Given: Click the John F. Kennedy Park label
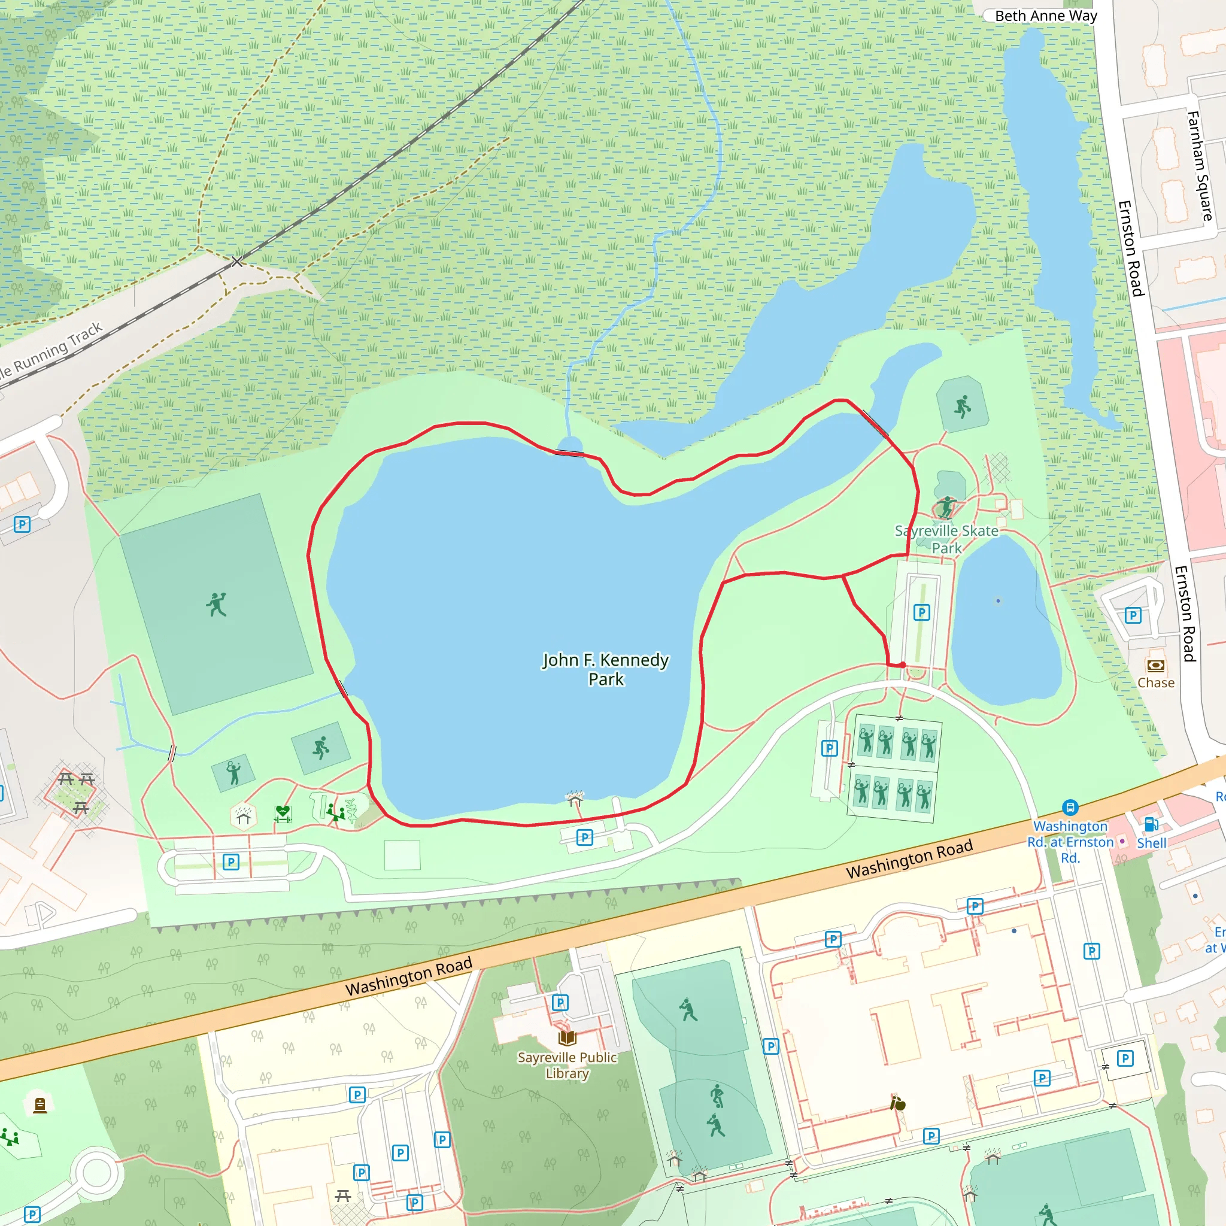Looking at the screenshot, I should pos(605,669).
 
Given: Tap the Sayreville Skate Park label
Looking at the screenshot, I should pos(946,539).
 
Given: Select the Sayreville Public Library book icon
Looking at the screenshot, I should pos(567,1037).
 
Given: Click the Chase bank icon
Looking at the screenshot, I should pos(1155,666).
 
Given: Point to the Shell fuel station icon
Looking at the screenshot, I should pos(1151,824).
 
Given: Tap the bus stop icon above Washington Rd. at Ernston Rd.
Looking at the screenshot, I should pos(1070,807).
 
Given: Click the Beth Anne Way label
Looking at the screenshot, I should pos(1045,16).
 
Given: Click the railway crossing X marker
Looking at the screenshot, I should pos(236,262).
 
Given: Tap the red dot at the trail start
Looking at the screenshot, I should pos(902,665).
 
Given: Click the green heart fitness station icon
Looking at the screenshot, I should pos(283,813).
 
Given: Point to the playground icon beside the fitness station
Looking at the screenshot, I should pos(335,812).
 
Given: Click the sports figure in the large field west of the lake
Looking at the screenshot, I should pos(216,605).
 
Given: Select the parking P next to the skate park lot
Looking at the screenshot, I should pos(921,612).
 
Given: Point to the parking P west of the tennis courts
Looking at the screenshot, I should pos(829,748).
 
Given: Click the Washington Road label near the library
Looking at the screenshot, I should pos(409,976).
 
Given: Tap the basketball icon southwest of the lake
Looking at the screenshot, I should pos(321,748).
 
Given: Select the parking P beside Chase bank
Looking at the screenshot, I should pos(1133,615).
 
